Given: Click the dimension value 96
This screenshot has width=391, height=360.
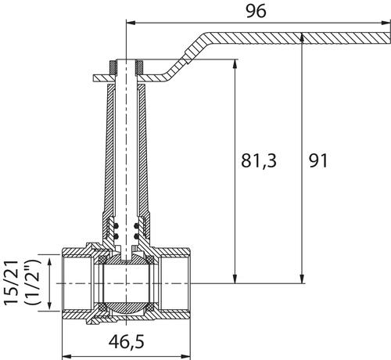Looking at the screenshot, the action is (256, 11).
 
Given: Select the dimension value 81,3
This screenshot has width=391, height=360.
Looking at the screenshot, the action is (259, 160).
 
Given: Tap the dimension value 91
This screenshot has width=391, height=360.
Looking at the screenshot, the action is (318, 160).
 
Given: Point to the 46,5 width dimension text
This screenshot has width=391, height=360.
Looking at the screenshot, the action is (126, 341).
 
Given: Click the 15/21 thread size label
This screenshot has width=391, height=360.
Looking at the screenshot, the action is (12, 283).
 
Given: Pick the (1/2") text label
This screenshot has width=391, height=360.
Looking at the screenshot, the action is (34, 283).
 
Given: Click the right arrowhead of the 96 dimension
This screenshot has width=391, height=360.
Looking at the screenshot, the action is (386, 23).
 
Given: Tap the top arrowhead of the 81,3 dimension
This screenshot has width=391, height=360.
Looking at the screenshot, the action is (235, 65).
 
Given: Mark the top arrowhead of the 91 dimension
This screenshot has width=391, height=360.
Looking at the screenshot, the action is (302, 38).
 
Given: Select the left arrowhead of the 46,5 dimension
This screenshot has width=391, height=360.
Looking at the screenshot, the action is (67, 356).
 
